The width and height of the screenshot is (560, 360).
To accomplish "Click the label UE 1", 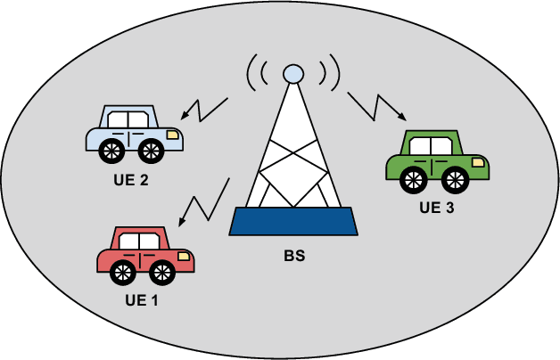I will pyautogui.click(x=142, y=299).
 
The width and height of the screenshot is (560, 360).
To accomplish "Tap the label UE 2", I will pyautogui.click(x=131, y=180).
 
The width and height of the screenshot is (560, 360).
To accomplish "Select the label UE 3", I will pyautogui.click(x=437, y=210).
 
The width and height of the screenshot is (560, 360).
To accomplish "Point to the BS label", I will pyautogui.click(x=293, y=258).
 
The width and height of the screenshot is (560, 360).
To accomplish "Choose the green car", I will pyautogui.click(x=435, y=161).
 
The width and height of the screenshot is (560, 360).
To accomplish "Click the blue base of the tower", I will pyautogui.click(x=293, y=221).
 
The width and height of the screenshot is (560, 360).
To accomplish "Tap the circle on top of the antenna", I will pyautogui.click(x=292, y=74).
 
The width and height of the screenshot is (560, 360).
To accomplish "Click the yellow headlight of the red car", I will pyautogui.click(x=185, y=256).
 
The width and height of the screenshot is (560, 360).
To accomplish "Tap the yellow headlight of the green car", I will pyautogui.click(x=479, y=162).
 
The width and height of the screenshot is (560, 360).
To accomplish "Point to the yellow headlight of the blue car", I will pyautogui.click(x=172, y=134).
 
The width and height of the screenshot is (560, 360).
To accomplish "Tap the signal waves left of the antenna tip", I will pyautogui.click(x=257, y=75).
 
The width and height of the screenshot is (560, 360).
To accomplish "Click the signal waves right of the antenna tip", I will pyautogui.click(x=328, y=75).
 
